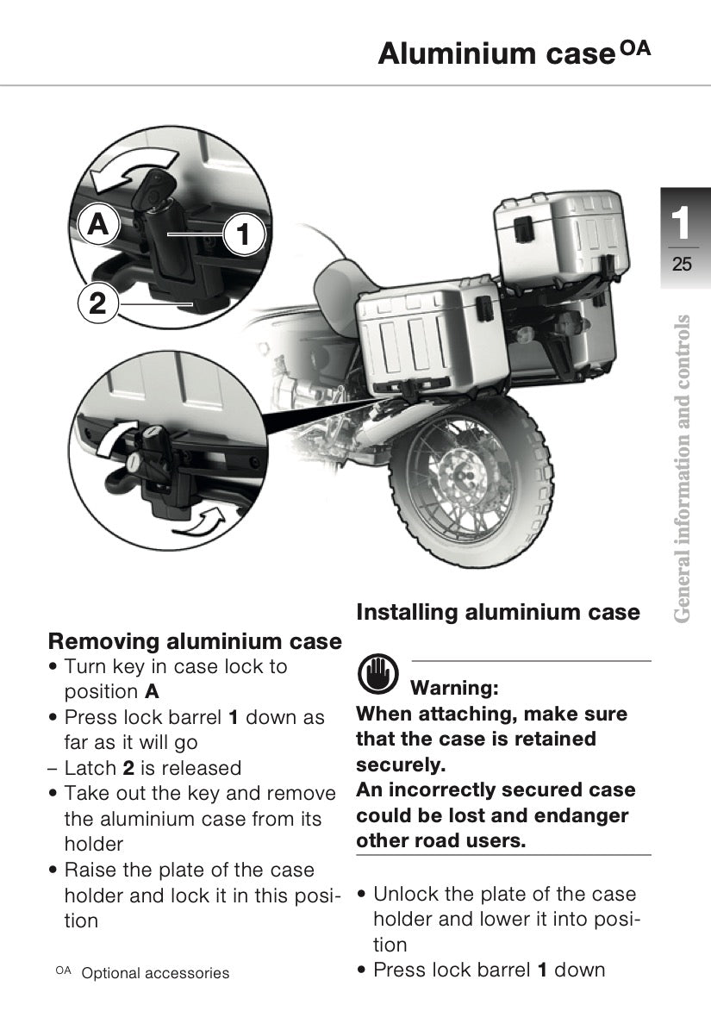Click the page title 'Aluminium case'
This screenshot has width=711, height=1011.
point(496,53)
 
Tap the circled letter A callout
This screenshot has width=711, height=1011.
point(97,224)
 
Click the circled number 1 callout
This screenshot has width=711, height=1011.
point(243,234)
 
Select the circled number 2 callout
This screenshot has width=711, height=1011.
point(97,303)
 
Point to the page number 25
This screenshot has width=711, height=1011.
point(682,264)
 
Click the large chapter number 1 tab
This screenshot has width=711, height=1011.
point(681,223)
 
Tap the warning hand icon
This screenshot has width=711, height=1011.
point(377,673)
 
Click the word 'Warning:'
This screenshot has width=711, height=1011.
point(454,688)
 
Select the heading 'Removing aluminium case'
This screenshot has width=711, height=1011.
point(195,641)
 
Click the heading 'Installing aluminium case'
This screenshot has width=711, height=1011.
point(498,612)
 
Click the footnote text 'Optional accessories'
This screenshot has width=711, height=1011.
point(155,973)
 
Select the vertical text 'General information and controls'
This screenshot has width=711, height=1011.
point(682,469)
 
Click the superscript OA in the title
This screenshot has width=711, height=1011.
point(635,49)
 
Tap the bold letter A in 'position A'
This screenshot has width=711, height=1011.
point(153,692)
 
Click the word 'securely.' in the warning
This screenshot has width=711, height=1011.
point(401,764)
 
